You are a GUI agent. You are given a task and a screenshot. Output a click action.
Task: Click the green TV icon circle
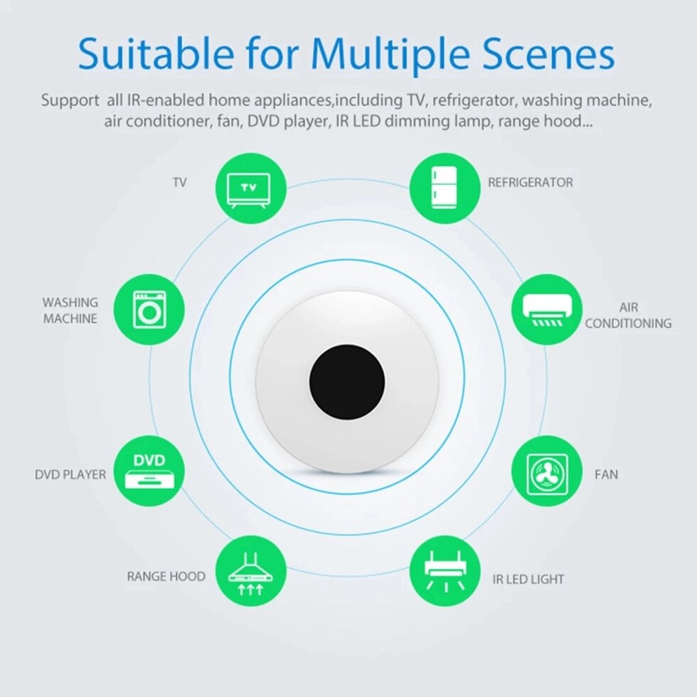[x=251, y=188]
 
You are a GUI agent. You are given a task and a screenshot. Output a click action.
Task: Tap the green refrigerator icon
[x=445, y=188]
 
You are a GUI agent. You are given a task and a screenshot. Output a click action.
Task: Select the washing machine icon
[x=149, y=309]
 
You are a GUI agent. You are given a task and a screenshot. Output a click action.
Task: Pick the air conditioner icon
[x=547, y=309]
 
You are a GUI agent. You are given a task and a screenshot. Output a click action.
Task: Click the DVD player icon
[x=149, y=471]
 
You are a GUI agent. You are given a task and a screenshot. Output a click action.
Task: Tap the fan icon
[x=547, y=471]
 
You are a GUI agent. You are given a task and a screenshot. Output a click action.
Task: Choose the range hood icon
[x=251, y=570]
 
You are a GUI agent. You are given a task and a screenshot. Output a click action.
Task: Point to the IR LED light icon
[x=445, y=570]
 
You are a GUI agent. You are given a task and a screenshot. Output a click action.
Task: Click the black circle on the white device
[x=347, y=382]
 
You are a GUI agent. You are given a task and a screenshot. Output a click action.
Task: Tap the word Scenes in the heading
[x=548, y=54]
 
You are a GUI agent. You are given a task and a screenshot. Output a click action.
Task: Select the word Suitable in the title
[x=156, y=53]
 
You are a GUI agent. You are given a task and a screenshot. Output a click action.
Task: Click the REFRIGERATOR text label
[x=531, y=182]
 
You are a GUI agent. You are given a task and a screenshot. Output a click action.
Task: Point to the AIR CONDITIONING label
[x=628, y=315]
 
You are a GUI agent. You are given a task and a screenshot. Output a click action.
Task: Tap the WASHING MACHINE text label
[x=70, y=310]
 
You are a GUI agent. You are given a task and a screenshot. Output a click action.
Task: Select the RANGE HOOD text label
[x=166, y=577]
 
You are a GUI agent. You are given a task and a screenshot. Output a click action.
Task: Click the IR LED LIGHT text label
[x=528, y=579]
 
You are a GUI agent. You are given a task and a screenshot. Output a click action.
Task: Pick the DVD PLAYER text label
[x=70, y=475]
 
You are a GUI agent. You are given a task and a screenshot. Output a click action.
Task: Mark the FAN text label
[x=606, y=475]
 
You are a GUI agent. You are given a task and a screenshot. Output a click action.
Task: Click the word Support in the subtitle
[x=70, y=101]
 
